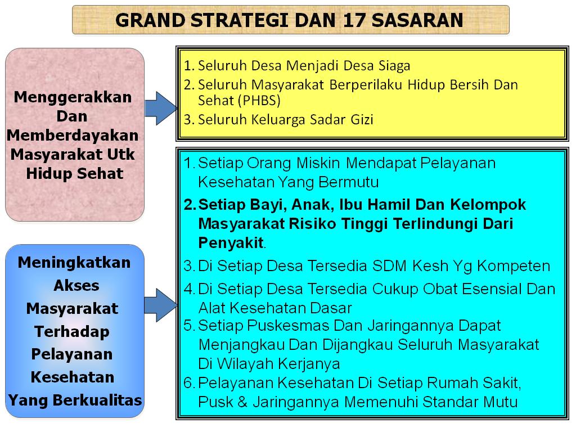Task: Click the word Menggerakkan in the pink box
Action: click(x=73, y=97)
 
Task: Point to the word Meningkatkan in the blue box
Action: click(x=74, y=263)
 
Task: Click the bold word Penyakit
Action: click(x=231, y=243)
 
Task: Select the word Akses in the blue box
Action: click(x=76, y=286)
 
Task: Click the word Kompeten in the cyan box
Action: click(x=510, y=265)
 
